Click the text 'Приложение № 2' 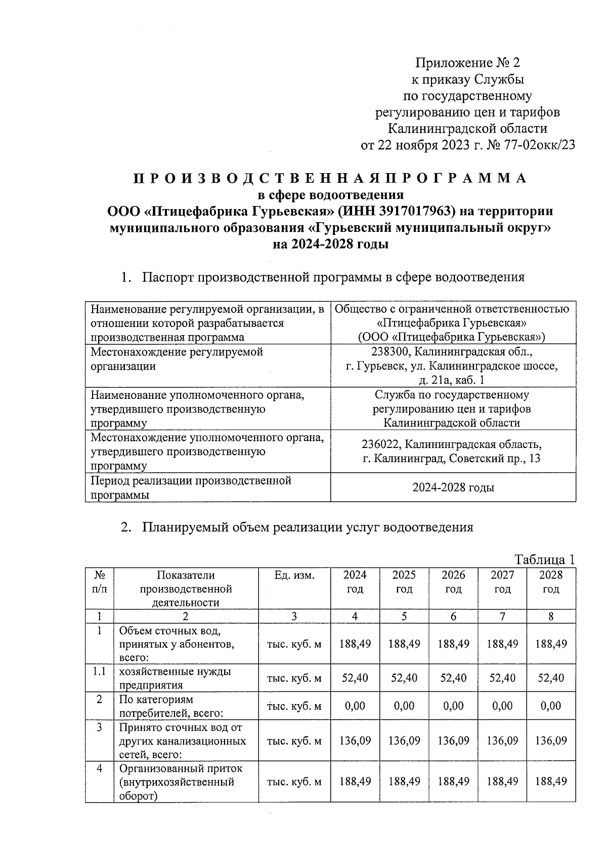[x=467, y=63]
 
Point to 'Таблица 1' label [x=545, y=559]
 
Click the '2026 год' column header [x=453, y=582]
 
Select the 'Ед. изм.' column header [x=294, y=576]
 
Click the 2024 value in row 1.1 [x=355, y=678]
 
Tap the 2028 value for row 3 [x=550, y=741]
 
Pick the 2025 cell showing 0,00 [x=404, y=706]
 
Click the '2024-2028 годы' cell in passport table [x=453, y=488]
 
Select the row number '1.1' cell [x=99, y=671]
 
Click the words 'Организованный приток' [x=181, y=768]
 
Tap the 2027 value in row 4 [x=502, y=782]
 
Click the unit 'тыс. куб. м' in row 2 [x=294, y=706]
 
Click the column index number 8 [x=550, y=616]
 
